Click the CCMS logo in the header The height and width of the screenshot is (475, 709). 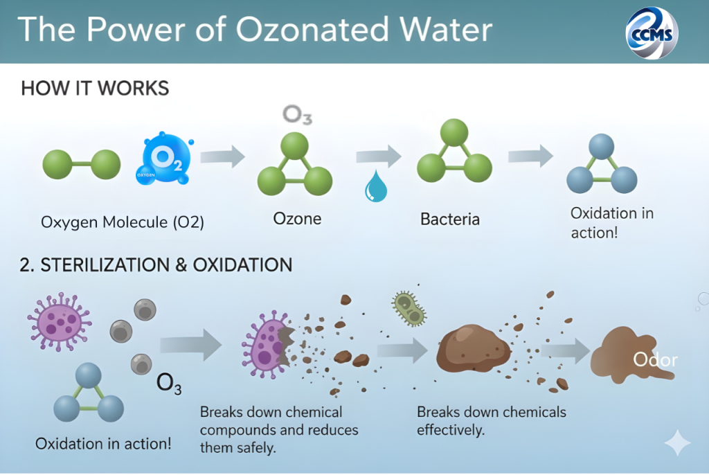coord(652,33)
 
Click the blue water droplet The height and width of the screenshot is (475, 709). coord(376,186)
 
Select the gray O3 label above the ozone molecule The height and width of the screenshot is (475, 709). coord(297,115)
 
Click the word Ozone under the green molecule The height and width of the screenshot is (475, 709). coord(297,219)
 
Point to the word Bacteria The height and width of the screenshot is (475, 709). coord(450,219)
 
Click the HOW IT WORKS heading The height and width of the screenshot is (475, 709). coord(95,88)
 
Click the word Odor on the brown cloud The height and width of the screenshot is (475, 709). coord(655,360)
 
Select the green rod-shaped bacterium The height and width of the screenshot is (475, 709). coord(409,309)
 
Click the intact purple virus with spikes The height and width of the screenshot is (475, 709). coord(60,322)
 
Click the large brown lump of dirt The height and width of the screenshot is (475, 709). coord(473,348)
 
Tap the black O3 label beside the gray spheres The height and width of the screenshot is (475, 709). coord(169,384)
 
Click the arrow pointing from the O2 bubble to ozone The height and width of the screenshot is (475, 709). coord(222,156)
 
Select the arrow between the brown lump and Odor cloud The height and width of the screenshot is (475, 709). coord(566,350)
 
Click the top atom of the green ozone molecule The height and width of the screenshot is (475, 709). coord(294,146)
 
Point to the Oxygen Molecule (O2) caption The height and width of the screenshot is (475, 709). coord(123,222)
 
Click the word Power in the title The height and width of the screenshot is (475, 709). coord(136,30)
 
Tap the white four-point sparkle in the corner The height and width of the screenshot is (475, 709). coord(677,442)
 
